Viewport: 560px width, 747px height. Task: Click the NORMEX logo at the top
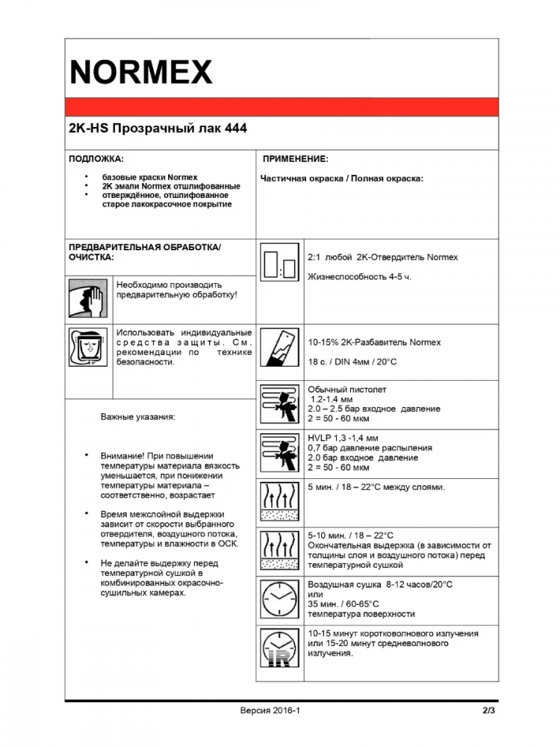click(141, 72)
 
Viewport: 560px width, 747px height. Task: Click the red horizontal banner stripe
click(281, 107)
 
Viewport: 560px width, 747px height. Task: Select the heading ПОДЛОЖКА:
click(96, 159)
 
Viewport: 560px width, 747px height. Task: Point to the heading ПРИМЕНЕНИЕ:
click(296, 159)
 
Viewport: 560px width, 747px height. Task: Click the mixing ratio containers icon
click(280, 267)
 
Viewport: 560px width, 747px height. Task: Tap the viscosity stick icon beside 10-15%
click(280, 353)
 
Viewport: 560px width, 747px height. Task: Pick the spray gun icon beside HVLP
click(280, 453)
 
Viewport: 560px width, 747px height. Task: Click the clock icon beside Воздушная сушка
click(280, 599)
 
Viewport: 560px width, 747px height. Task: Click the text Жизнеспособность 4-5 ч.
click(360, 277)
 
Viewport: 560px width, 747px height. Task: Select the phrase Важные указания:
click(138, 417)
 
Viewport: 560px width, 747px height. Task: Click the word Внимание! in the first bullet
click(121, 456)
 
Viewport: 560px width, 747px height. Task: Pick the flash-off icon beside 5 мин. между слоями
click(280, 501)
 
